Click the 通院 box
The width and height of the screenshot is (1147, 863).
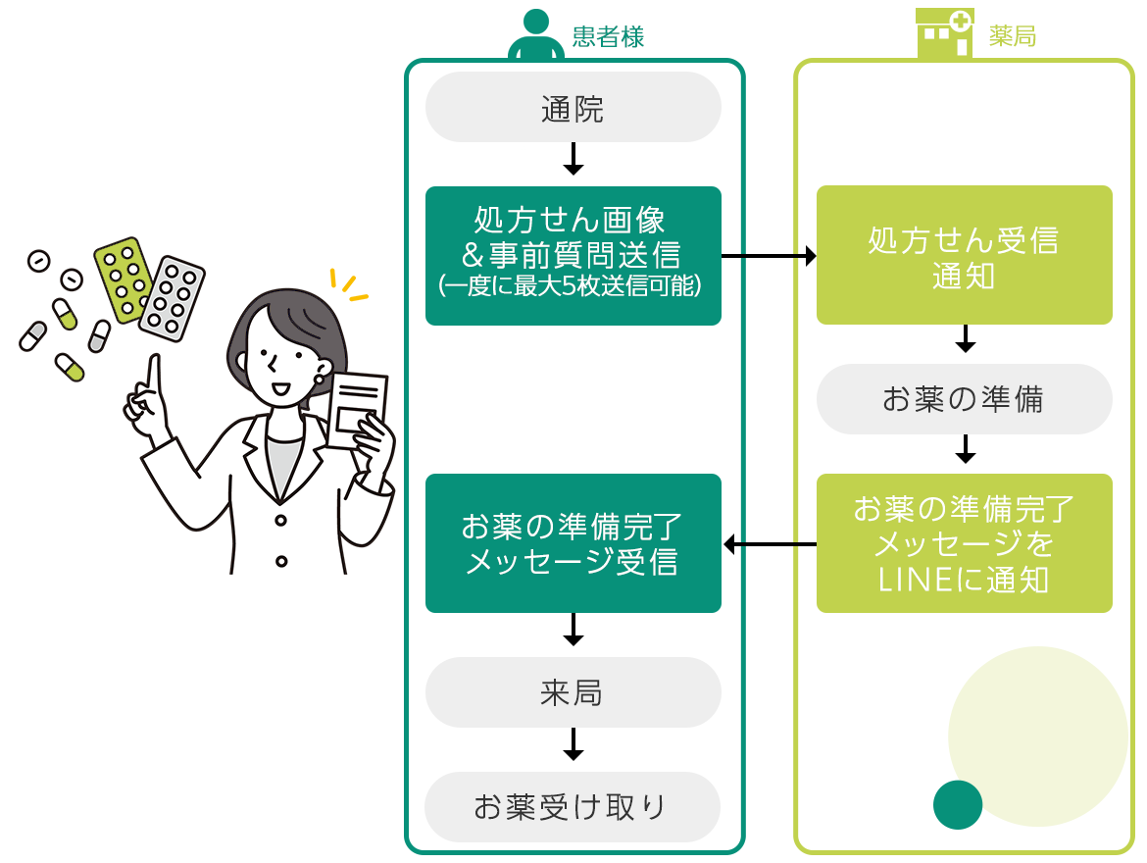573,108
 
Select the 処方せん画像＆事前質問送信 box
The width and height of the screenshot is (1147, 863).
573,255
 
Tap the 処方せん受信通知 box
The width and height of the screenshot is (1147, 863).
964,255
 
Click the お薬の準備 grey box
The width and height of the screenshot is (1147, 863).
964,399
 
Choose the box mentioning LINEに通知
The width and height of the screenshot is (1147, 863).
964,543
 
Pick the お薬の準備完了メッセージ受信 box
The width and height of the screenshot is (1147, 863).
573,543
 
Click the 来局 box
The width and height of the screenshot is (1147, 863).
573,692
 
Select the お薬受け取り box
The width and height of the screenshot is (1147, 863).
573,807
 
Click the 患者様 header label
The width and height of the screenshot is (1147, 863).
608,37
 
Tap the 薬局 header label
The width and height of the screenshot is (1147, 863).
1013,37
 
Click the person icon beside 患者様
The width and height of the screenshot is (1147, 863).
535,34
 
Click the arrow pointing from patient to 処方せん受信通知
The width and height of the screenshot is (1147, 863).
769,256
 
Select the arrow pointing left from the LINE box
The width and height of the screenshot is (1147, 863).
769,543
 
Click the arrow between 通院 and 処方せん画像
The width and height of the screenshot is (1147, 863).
573,159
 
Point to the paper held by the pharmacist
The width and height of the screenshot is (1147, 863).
358,410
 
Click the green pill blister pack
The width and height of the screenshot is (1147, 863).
124,279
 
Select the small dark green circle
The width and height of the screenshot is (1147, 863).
958,805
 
